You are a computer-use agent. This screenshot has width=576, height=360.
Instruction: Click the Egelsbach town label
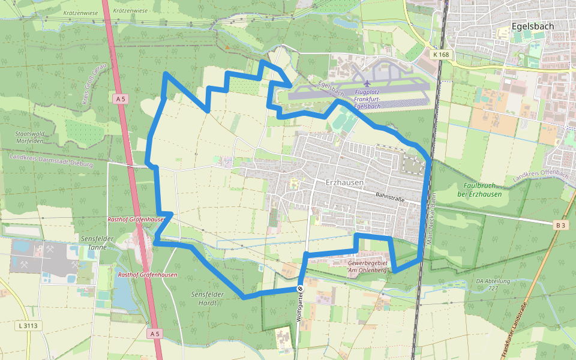[533, 26]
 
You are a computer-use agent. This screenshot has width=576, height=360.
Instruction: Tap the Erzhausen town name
[345, 182]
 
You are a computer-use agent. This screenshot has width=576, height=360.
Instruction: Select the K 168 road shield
[440, 55]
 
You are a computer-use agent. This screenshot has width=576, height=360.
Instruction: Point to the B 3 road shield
[560, 225]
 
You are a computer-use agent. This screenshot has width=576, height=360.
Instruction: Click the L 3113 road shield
[28, 326]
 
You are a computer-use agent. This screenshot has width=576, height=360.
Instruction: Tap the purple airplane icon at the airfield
[367, 83]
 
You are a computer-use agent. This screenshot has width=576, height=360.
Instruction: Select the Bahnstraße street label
[390, 196]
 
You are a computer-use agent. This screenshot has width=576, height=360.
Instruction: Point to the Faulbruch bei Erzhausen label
[479, 190]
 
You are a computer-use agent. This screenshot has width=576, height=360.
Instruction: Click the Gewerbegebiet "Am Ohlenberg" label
[368, 266]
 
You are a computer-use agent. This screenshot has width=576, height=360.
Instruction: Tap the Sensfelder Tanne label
[97, 242]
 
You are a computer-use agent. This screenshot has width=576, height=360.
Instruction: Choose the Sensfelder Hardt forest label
[207, 298]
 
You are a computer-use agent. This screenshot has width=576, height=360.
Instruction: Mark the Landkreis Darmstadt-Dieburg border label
[51, 160]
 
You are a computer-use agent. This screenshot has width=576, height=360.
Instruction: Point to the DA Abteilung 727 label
[493, 284]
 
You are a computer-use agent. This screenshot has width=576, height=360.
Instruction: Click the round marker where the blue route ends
[300, 289]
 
